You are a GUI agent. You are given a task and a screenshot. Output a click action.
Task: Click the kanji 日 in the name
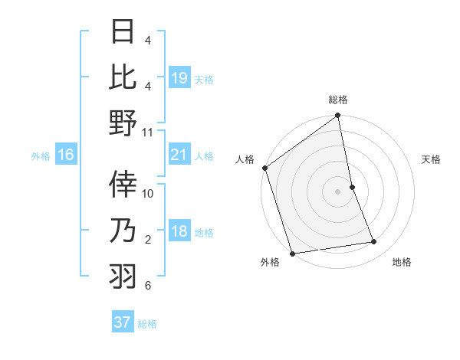click(123, 32)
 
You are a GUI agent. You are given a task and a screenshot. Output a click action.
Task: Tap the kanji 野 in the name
click(123, 123)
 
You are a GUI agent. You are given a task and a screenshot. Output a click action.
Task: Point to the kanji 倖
click(123, 184)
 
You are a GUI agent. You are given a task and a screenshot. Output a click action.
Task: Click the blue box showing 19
click(179, 77)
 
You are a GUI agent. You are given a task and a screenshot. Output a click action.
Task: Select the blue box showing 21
click(179, 155)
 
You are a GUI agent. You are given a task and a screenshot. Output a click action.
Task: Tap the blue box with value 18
click(179, 232)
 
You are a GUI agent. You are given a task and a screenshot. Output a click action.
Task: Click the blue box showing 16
click(66, 155)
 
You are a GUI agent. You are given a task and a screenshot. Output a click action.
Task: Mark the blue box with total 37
click(123, 322)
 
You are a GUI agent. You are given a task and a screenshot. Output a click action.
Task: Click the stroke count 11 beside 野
click(148, 132)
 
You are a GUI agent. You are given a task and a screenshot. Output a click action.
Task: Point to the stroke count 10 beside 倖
click(148, 193)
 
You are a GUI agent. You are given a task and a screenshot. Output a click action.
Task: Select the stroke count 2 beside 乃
click(148, 240)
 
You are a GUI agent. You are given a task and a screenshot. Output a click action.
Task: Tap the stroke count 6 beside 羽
click(148, 286)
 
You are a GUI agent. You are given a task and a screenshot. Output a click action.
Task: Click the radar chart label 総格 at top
click(338, 100)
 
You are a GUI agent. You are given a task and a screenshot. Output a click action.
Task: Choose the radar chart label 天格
click(431, 159)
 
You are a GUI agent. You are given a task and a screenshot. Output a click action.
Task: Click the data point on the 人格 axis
click(264, 168)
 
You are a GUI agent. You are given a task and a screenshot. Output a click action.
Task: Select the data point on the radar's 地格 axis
click(374, 242)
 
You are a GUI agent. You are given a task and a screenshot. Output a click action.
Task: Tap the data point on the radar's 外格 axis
click(292, 254)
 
